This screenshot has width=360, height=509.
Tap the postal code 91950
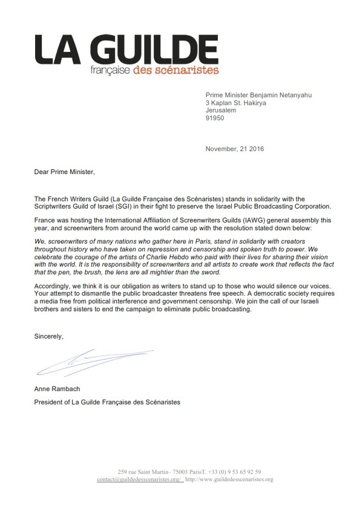pyautogui.click(x=217, y=118)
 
